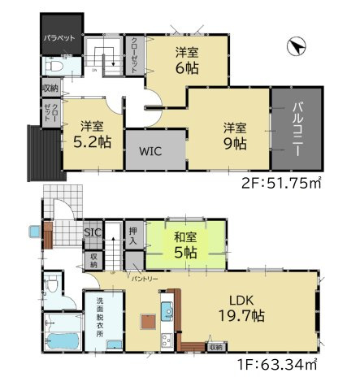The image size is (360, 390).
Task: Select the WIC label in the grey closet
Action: (x=148, y=150)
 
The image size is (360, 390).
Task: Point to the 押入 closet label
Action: (x=134, y=236)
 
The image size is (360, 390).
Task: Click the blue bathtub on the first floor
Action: (x=59, y=340)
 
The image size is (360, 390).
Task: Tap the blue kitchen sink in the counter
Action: (x=166, y=310)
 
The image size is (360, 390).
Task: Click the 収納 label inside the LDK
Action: (x=215, y=347)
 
